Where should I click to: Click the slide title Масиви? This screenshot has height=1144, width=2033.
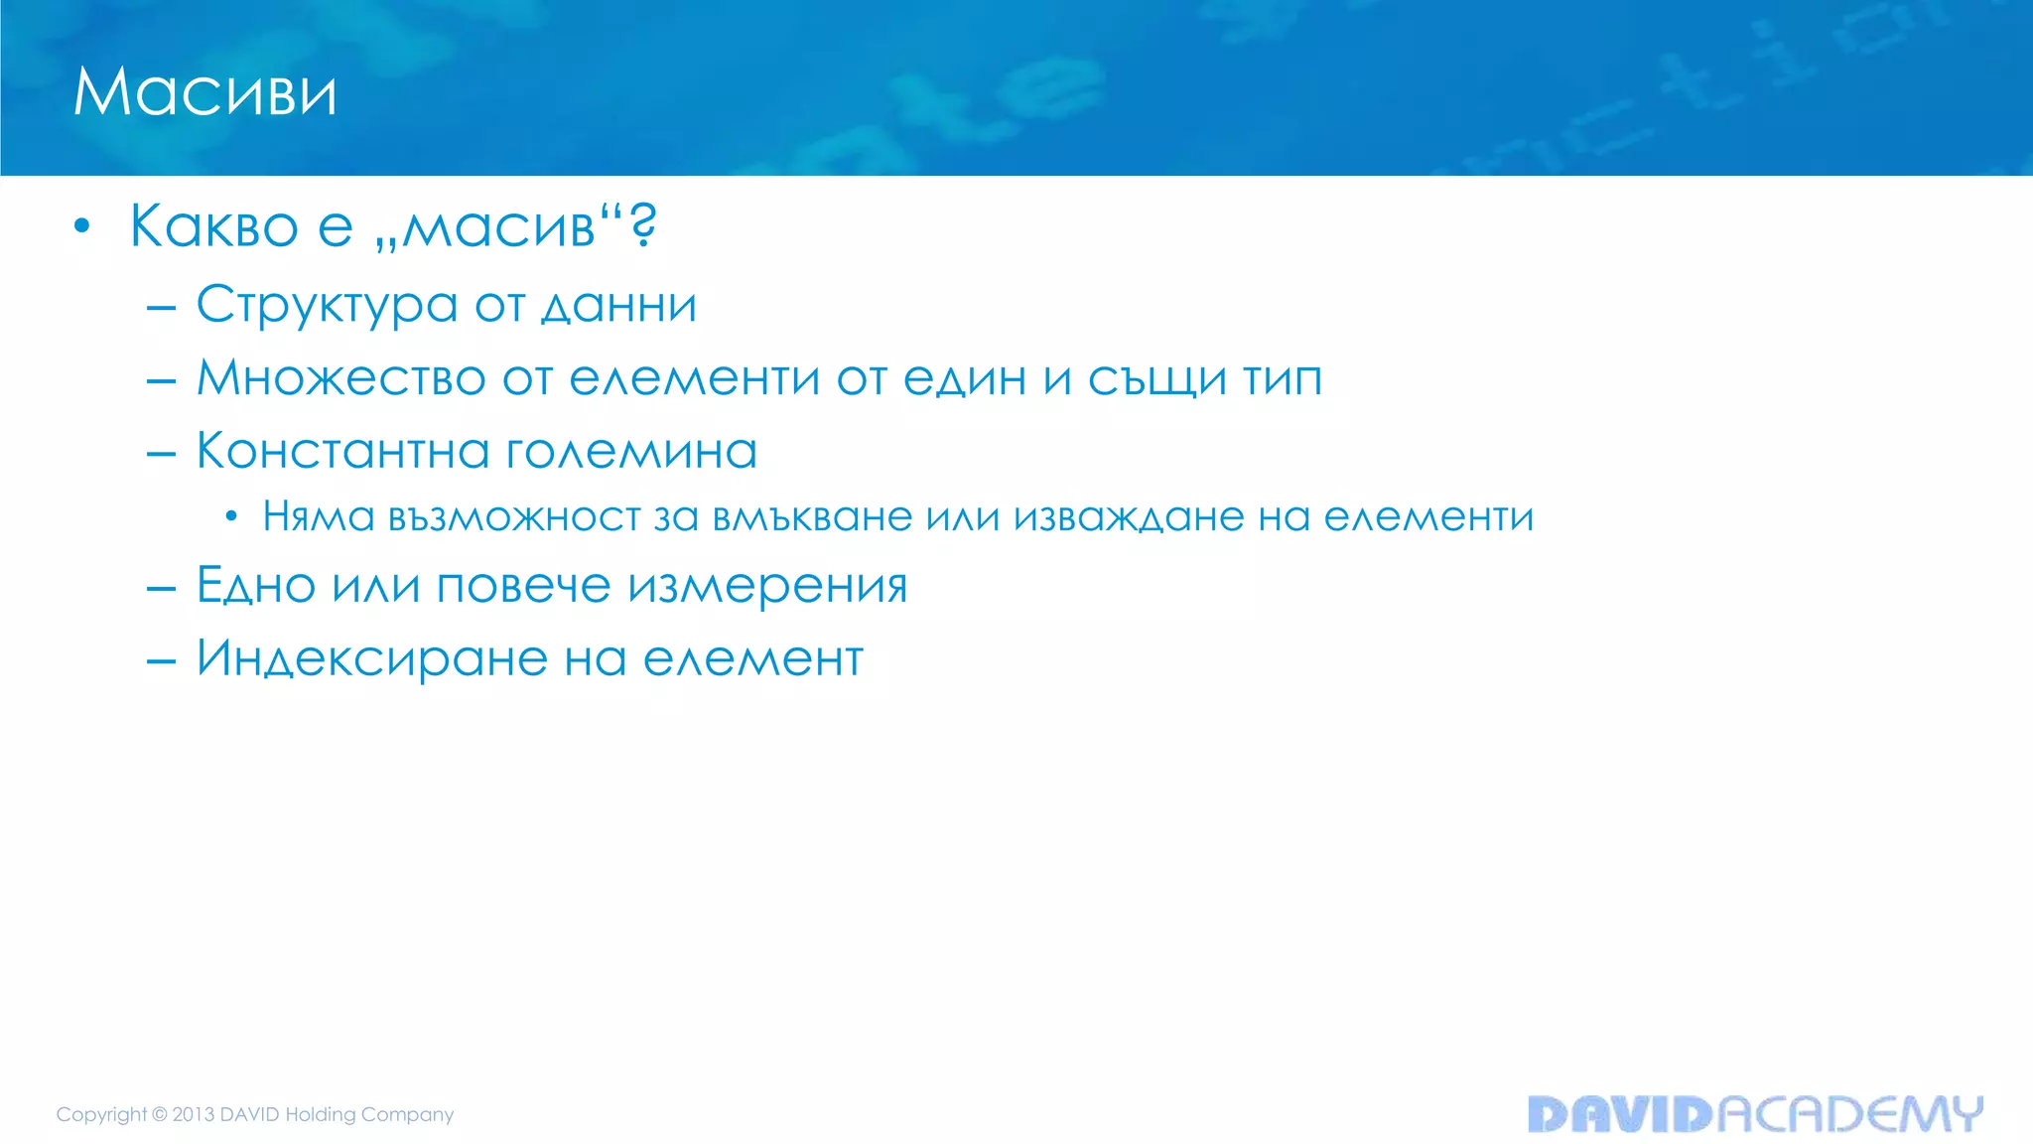(205, 92)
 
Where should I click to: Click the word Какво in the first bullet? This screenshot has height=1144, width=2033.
(213, 226)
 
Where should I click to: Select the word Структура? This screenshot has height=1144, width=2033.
(327, 305)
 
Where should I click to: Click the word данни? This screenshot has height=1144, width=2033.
(618, 305)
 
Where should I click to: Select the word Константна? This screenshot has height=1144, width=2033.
(342, 451)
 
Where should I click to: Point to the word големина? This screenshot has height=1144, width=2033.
(631, 451)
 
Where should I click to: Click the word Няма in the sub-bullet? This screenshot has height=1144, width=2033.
(319, 516)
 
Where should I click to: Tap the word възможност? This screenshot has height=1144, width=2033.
(514, 516)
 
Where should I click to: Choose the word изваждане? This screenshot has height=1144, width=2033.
(1129, 516)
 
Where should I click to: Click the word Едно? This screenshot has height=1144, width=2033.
(256, 585)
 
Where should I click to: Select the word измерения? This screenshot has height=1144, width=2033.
(767, 585)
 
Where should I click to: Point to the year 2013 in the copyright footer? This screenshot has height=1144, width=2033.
(194, 1114)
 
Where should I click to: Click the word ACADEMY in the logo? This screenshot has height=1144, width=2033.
(1849, 1114)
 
